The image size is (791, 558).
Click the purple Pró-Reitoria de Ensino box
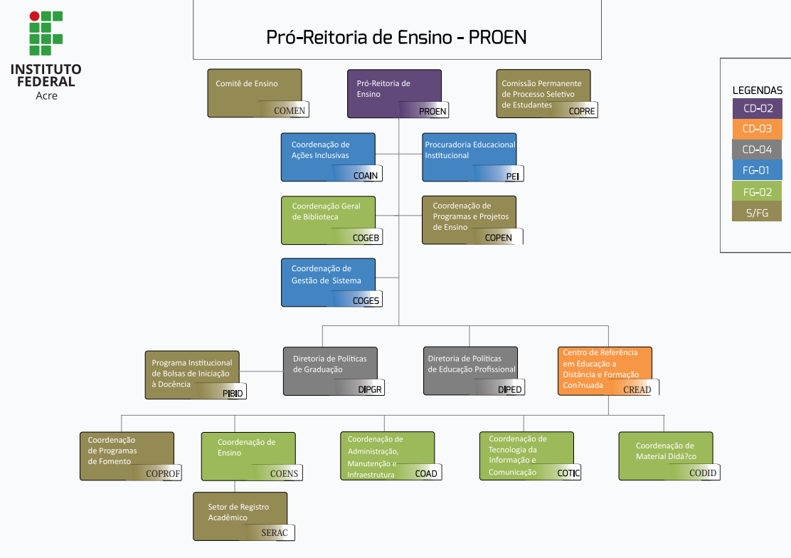pyautogui.click(x=394, y=89)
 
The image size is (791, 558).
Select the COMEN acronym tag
pyautogui.click(x=290, y=110)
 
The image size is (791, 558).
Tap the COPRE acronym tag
pyautogui.click(x=582, y=111)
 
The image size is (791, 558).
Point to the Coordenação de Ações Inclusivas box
pyautogui.click(x=328, y=153)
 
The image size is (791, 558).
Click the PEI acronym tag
pyautogui.click(x=512, y=176)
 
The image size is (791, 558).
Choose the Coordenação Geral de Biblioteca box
pyautogui.click(x=328, y=216)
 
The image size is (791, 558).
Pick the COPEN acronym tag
pyautogui.click(x=498, y=238)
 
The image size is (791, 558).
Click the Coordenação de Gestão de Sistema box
pyautogui.click(x=328, y=278)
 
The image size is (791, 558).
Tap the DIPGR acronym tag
pyautogui.click(x=371, y=389)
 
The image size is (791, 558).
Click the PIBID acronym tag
pyautogui.click(x=233, y=393)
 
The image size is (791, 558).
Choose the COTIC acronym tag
pyautogui.click(x=568, y=473)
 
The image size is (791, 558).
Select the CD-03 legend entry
pyautogui.click(x=757, y=129)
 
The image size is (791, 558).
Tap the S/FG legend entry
pyautogui.click(x=757, y=212)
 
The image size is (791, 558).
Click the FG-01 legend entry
pyautogui.click(x=757, y=170)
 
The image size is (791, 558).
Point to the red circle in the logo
pyautogui.click(x=34, y=16)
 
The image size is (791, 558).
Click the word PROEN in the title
pyautogui.click(x=497, y=37)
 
